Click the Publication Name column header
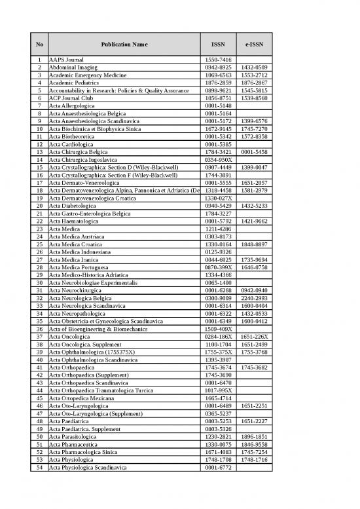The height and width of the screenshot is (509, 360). coord(124,44)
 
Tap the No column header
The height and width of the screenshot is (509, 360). coord(40,44)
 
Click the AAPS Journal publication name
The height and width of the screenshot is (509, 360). coord(66,59)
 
